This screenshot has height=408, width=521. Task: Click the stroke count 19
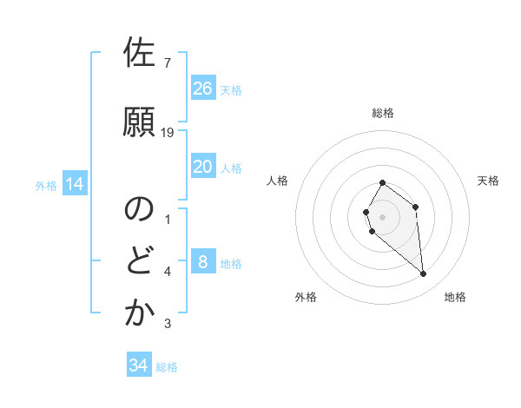point(168,132)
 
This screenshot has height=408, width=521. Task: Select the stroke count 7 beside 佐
point(168,63)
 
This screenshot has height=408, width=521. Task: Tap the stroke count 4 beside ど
point(168,272)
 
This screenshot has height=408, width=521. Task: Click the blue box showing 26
point(203,88)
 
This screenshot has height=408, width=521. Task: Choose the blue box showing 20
point(203,167)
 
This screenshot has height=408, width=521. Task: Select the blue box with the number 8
point(203,262)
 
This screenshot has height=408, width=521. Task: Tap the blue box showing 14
point(75,184)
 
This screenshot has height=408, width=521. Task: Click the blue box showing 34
point(139,365)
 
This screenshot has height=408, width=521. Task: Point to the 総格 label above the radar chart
point(383,113)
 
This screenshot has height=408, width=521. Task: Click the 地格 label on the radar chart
point(455,297)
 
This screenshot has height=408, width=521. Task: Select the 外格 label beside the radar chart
point(306,297)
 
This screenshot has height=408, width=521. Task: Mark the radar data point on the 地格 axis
point(424,274)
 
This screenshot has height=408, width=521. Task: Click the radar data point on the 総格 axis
point(383,183)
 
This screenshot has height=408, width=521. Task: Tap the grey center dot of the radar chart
point(383,216)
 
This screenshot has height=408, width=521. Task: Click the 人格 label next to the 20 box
point(231,168)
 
